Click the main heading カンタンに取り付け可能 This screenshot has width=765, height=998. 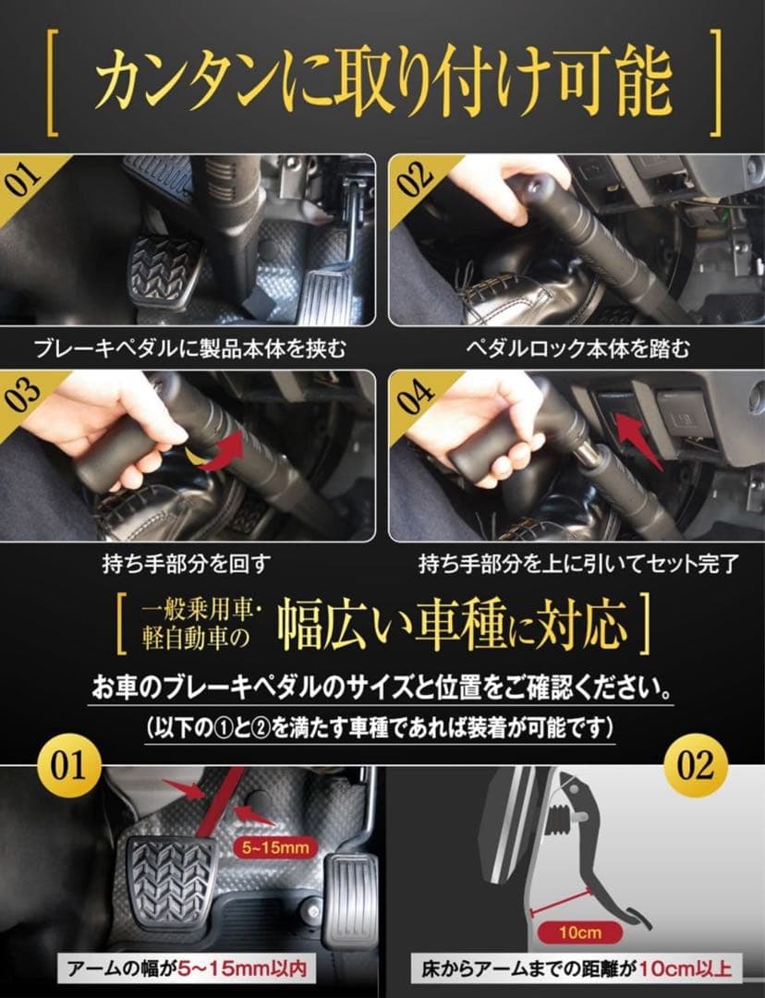pos(382,83)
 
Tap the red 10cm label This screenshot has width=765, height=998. pos(579,931)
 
